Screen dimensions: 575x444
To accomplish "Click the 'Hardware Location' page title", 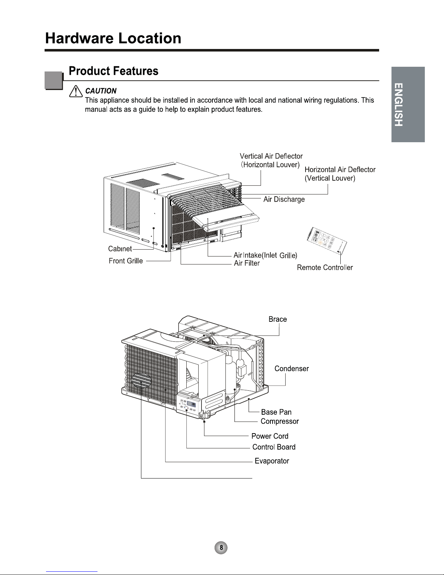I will coord(113,38).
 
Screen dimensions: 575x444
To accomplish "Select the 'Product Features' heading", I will coord(113,71).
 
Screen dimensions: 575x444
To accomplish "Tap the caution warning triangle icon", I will coord(76,91).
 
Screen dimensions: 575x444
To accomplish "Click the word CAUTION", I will coord(101,91).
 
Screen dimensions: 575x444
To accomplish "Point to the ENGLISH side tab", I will coord(408,104).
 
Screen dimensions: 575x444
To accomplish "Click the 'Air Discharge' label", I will coord(284,199).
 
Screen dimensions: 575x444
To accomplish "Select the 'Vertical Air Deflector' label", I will coord(271,156).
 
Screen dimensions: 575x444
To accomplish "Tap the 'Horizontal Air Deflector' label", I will coord(340,169).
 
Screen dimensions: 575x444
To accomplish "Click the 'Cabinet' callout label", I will coord(120,249).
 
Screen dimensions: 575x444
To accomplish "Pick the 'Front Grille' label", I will coord(126,261).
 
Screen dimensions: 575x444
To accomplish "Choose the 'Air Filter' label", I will coord(247,263).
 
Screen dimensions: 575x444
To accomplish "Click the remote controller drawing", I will coord(326,240).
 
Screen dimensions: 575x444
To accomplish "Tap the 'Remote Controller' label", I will coord(325,267).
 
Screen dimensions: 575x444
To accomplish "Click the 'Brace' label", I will coord(278,319).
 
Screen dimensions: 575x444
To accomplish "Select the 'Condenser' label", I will coord(291,369).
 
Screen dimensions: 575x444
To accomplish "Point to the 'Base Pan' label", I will coord(276,412).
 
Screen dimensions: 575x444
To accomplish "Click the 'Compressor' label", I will coord(279,422).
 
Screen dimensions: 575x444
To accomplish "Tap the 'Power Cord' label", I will coord(270,436).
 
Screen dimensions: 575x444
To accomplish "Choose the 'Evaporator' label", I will coord(272,461).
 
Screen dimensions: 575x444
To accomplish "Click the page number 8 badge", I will coord(221,547).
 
